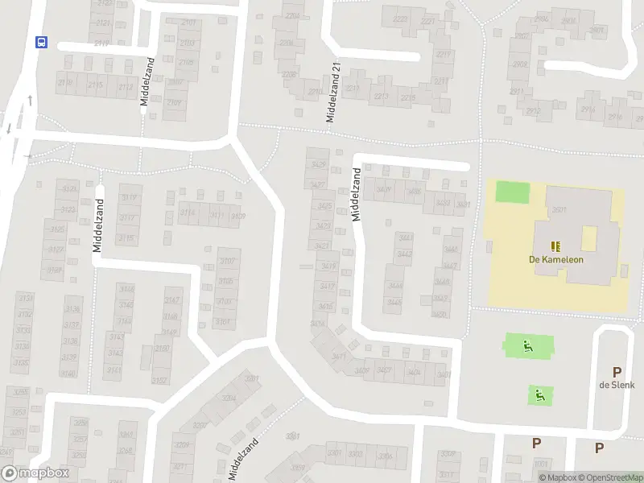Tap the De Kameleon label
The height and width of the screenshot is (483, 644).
(556, 259)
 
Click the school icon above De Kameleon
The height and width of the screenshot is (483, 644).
(555, 246)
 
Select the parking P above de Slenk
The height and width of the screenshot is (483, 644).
(617, 372)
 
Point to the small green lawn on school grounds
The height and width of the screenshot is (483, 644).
(513, 192)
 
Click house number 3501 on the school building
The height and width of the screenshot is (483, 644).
(559, 210)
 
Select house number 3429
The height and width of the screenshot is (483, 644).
(318, 165)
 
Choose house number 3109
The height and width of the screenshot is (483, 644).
(237, 215)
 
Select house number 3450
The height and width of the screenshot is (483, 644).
(440, 313)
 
